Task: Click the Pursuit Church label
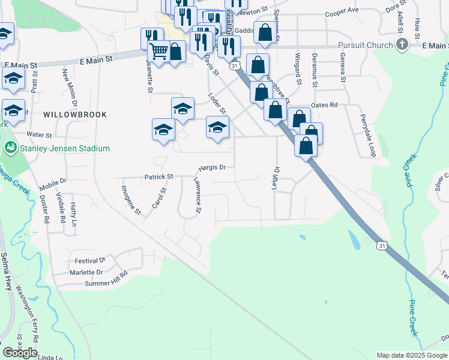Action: point(364,45)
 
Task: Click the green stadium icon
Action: point(10,148)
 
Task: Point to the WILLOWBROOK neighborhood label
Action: point(75,114)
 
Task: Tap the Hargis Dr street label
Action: point(212,168)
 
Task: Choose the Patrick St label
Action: point(158,177)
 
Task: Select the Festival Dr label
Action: point(90,261)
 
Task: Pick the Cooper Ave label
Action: point(341,11)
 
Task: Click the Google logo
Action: point(20,353)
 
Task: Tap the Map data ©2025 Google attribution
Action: point(412,355)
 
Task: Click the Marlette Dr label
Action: point(87,272)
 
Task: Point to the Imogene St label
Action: point(130,200)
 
